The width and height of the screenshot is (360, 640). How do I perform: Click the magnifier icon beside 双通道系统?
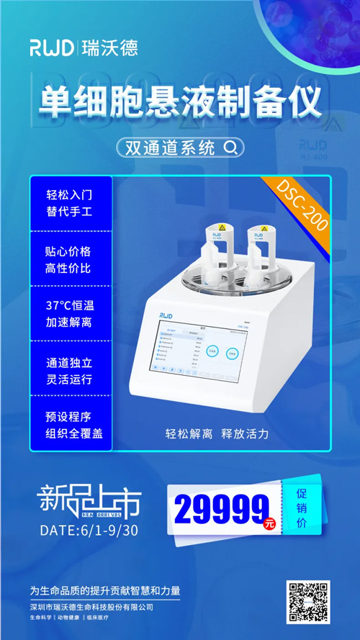point(230,148)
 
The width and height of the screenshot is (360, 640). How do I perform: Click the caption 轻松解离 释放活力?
point(217,433)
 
